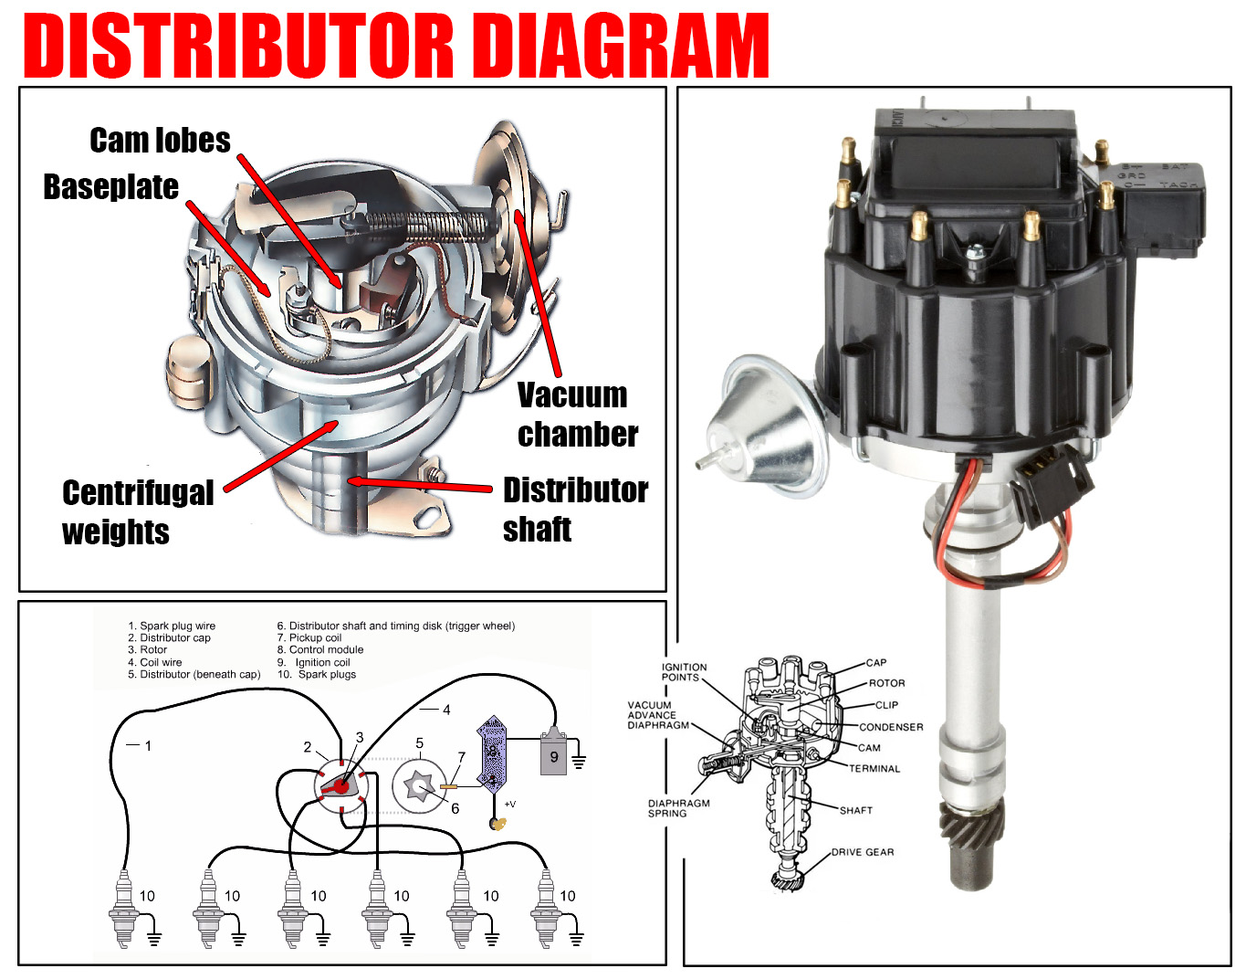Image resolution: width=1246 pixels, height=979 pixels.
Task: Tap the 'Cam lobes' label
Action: [x=160, y=141]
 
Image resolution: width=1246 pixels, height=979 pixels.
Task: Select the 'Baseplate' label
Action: [x=110, y=187]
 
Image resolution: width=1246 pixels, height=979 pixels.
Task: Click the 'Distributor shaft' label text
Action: [x=575, y=510]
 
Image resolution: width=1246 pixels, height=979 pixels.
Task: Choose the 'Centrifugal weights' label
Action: [x=137, y=512]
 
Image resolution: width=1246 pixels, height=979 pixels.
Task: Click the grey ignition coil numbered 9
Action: [x=553, y=754]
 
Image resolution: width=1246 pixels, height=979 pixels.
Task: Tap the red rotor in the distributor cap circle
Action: [x=340, y=784]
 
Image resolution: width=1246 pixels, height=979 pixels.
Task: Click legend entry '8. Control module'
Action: [x=319, y=650]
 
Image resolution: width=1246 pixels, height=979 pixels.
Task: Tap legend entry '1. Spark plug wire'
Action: [x=172, y=626]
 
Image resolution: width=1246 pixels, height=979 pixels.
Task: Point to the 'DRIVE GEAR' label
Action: [x=863, y=852]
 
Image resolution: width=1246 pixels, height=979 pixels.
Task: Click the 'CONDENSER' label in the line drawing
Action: [x=891, y=727]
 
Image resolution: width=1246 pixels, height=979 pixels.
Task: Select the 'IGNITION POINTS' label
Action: [x=684, y=672]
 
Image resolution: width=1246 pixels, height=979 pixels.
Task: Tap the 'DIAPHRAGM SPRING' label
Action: [x=678, y=808]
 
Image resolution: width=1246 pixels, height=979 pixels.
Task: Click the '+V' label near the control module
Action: [x=509, y=805]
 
